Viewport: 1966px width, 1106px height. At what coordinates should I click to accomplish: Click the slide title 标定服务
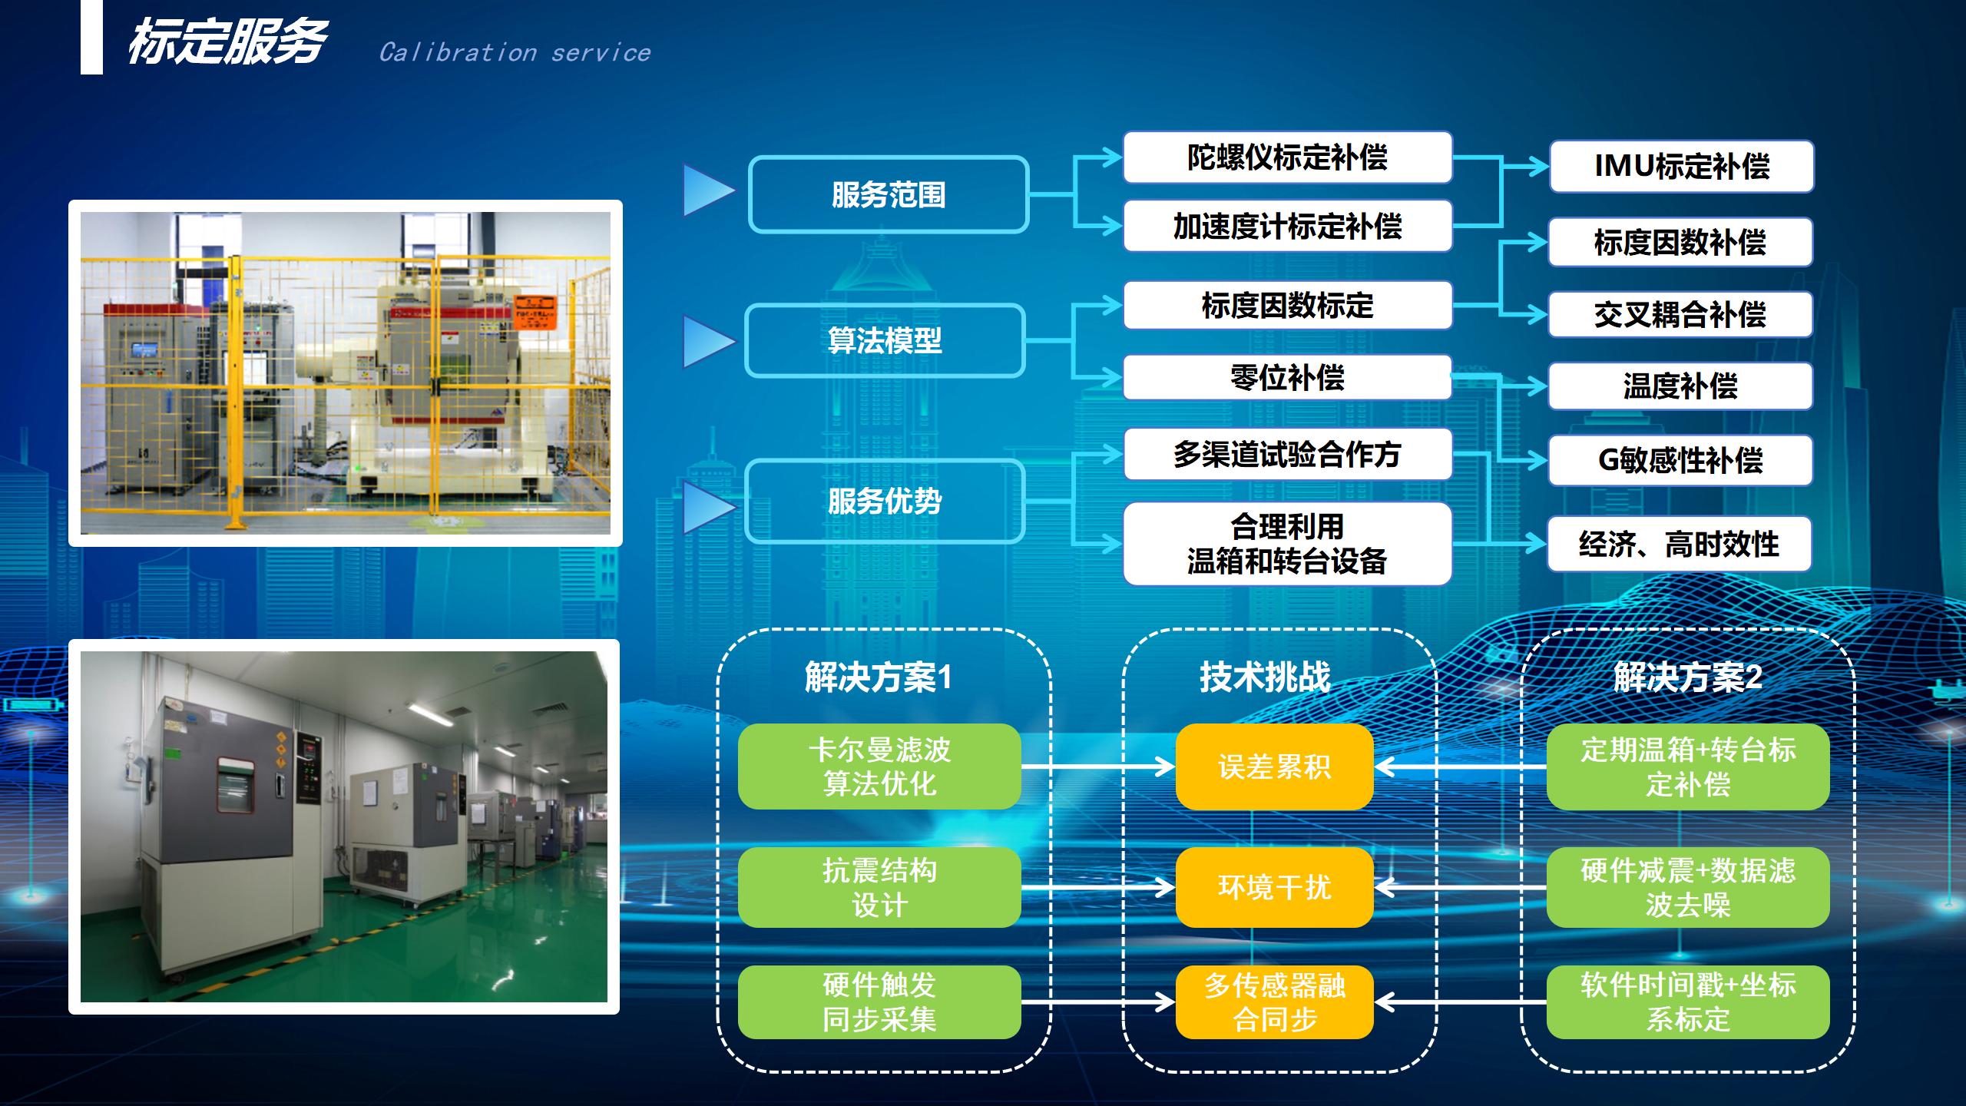tap(227, 41)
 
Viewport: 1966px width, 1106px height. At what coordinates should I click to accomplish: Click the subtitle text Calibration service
tap(515, 52)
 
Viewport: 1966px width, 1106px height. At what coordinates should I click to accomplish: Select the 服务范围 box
tap(889, 194)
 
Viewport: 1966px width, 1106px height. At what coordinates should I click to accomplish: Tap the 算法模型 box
tap(885, 340)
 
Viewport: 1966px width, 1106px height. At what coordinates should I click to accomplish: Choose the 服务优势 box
tap(885, 502)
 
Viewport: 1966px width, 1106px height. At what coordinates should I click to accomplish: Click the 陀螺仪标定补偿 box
tap(1288, 157)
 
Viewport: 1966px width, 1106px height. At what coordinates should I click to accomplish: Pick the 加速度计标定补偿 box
tap(1288, 226)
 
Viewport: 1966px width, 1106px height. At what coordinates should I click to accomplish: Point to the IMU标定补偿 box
tap(1682, 166)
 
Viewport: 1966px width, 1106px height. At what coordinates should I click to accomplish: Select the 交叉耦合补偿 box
tap(1680, 314)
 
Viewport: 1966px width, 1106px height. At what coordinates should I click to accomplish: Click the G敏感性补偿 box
tap(1680, 460)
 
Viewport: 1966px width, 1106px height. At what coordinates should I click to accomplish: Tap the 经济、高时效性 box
tap(1680, 544)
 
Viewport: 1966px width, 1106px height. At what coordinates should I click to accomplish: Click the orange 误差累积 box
tap(1275, 767)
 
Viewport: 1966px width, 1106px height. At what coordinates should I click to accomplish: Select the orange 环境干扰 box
tap(1275, 887)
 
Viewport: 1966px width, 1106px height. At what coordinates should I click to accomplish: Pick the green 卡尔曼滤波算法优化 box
tap(879, 767)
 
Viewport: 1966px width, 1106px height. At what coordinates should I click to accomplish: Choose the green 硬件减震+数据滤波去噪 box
tap(1688, 887)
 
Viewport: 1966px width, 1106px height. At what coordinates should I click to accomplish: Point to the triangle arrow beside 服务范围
tap(709, 190)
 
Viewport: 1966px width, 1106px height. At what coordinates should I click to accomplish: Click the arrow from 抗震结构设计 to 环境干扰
tap(1098, 887)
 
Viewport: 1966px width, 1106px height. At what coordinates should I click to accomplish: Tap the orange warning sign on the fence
tap(535, 313)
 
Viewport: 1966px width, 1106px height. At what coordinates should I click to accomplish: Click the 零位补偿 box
tap(1288, 377)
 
